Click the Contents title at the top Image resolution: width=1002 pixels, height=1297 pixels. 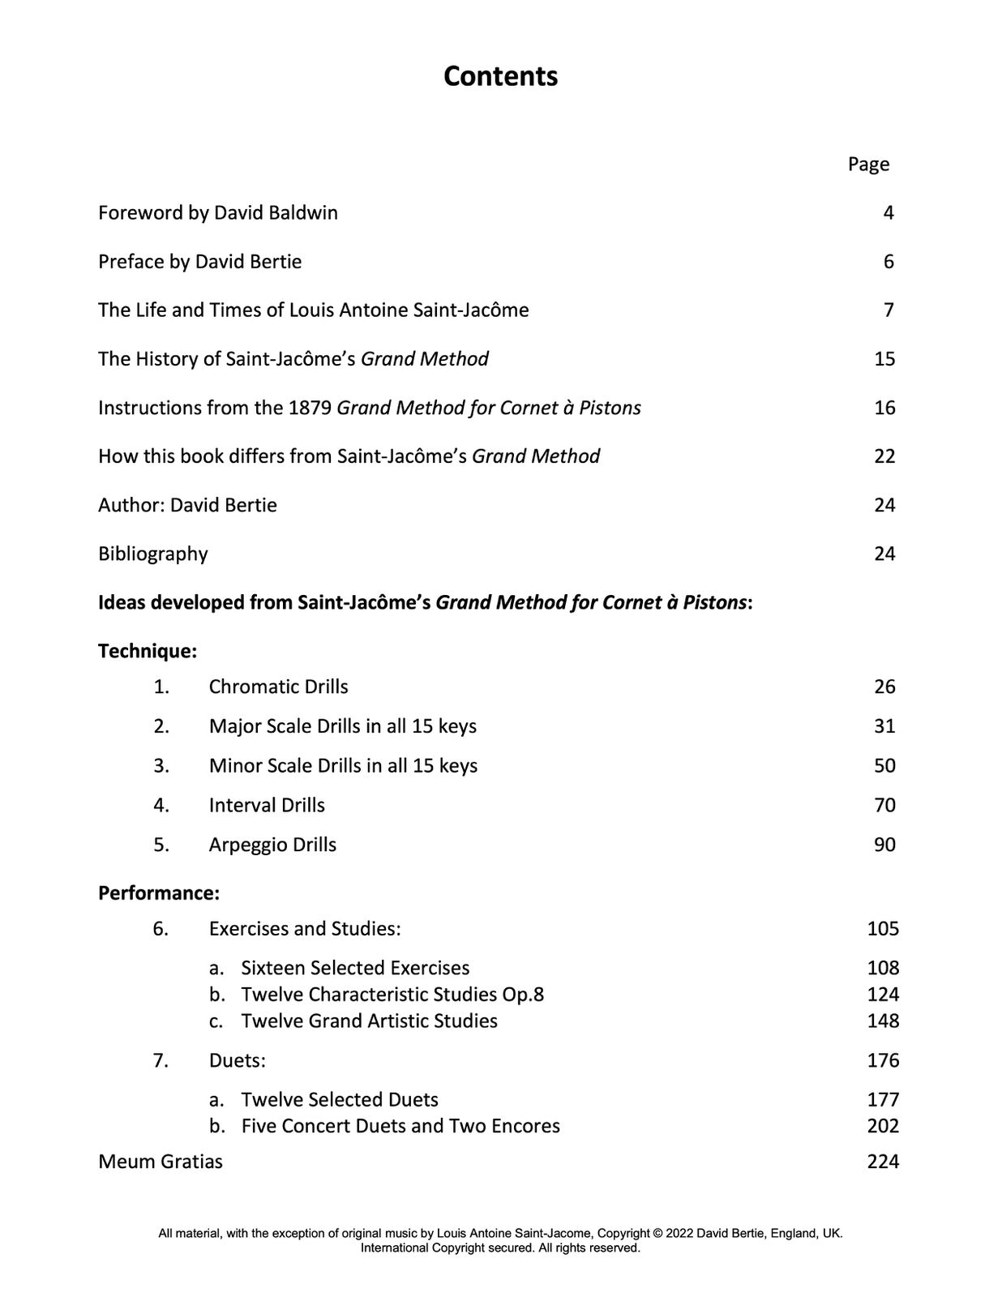point(500,76)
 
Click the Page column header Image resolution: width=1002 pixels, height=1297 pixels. point(868,165)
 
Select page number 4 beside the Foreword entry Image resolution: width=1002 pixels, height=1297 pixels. point(889,213)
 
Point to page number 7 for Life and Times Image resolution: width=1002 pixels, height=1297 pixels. point(889,310)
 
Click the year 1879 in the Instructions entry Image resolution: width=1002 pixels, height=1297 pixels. point(310,408)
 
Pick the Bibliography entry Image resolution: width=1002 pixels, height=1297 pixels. point(153,554)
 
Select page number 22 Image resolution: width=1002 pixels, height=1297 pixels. point(884,456)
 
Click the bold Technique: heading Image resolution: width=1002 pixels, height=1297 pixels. point(148,651)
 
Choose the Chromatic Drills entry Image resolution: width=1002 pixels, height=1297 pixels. point(278,687)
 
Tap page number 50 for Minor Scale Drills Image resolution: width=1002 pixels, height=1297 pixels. point(884,766)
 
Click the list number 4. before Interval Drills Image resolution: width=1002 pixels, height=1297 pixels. point(161,805)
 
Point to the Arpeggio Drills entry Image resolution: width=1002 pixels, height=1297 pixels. point(272,845)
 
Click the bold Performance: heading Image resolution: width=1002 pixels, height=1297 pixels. point(159,893)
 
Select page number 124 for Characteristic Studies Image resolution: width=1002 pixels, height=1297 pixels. point(883,995)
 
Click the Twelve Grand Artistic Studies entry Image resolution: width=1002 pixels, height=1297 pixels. point(369,1021)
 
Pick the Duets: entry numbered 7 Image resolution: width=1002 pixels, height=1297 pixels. point(238,1060)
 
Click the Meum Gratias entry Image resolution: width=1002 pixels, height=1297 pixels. point(161,1162)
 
